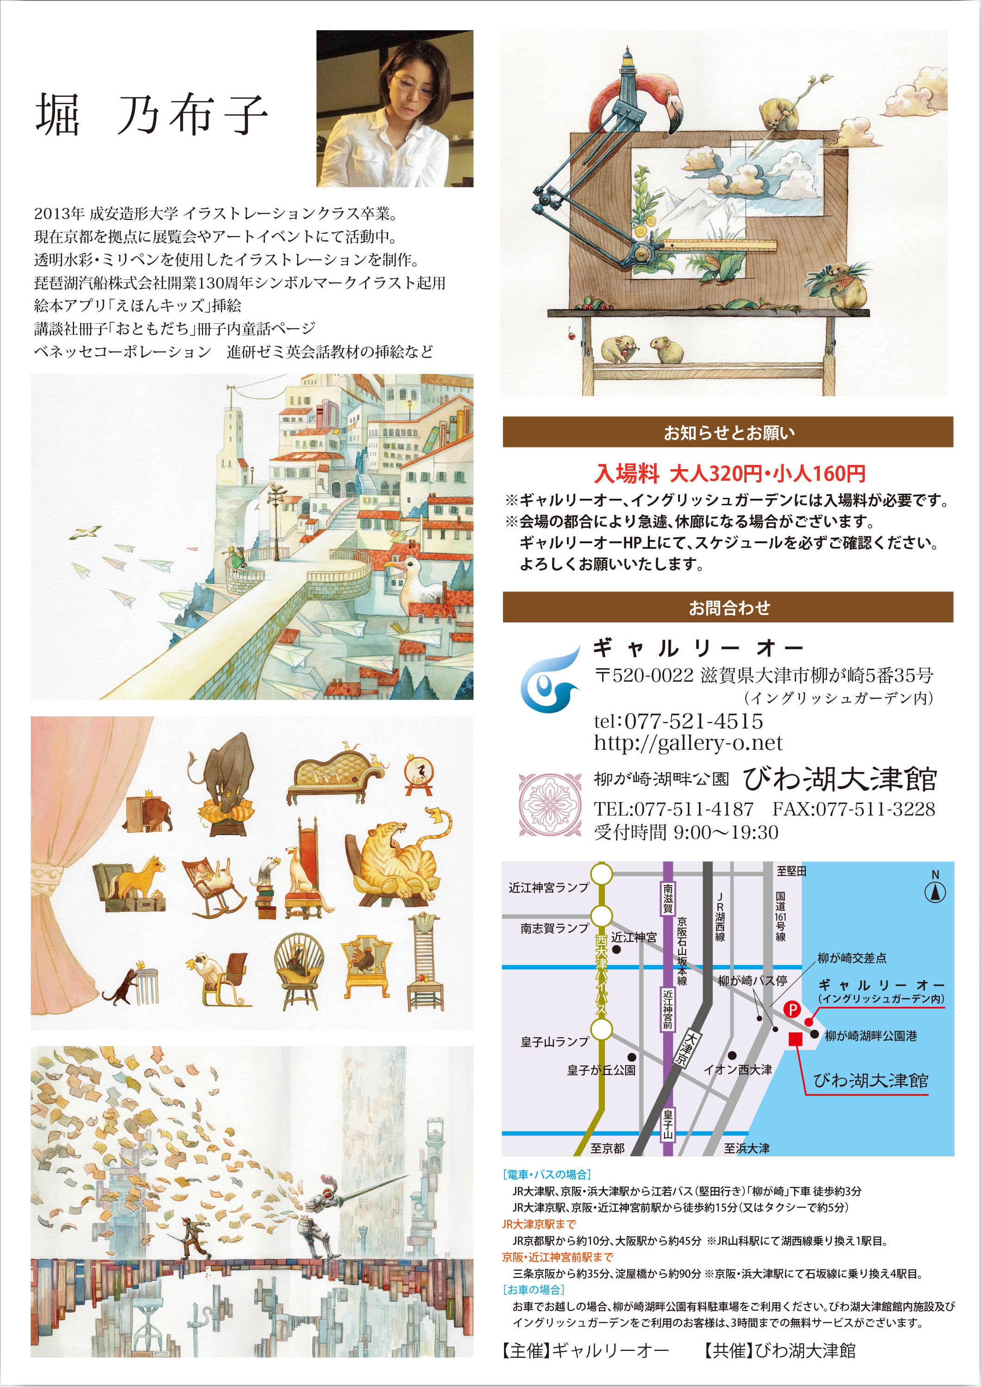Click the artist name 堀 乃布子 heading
(x=151, y=115)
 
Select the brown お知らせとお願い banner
(x=728, y=432)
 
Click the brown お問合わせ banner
(x=728, y=607)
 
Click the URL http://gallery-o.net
(x=688, y=743)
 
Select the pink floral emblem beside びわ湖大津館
(x=550, y=804)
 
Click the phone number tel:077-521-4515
(x=679, y=721)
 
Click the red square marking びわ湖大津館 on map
(x=796, y=1038)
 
